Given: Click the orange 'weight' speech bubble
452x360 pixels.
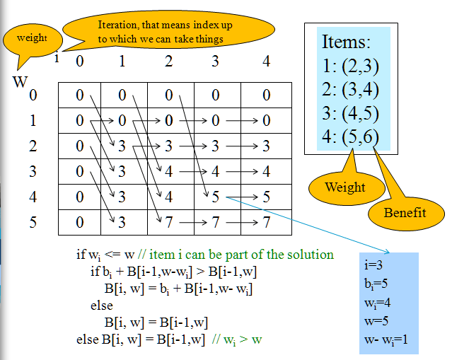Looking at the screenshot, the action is coord(33,40).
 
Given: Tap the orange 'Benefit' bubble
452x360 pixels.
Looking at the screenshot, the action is coord(406,214).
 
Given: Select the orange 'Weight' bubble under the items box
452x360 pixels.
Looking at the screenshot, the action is coord(347,188).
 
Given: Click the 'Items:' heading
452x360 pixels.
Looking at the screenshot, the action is coord(346,42).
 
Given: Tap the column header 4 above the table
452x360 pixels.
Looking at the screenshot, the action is coord(266,61).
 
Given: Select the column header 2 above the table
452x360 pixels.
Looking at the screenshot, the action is coord(168,61).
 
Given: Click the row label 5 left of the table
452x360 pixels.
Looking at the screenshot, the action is coord(33,222).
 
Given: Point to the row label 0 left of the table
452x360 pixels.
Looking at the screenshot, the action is coord(33,95).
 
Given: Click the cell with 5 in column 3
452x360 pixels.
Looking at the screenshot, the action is coord(216,197).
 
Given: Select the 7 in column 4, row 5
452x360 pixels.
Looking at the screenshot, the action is coord(266,222).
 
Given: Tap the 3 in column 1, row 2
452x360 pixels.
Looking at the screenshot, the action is coord(122,146).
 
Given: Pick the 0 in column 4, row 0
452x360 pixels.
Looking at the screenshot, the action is coord(266,95).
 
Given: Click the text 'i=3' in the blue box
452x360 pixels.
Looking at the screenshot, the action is coord(373,265).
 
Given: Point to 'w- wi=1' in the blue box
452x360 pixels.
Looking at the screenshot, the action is coord(386,339).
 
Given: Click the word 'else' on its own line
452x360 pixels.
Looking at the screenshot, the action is coord(101,306).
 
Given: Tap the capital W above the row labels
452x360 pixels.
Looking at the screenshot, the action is coord(21,81).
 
